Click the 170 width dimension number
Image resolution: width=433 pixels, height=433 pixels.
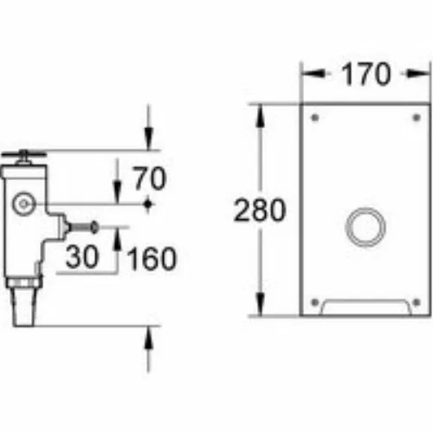pos(366,74)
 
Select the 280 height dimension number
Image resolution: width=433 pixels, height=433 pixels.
pos(260,210)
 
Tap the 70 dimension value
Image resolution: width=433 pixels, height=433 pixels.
pos(150,178)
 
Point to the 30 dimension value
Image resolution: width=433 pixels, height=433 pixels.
pos(82,256)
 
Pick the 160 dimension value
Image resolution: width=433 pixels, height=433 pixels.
pos(152,259)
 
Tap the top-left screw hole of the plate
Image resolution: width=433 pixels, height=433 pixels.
pos(315,118)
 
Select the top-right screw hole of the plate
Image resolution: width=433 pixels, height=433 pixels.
pos(417,118)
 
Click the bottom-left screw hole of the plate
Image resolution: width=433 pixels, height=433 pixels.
pos(315,302)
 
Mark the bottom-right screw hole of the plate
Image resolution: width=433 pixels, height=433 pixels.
pos(417,302)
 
